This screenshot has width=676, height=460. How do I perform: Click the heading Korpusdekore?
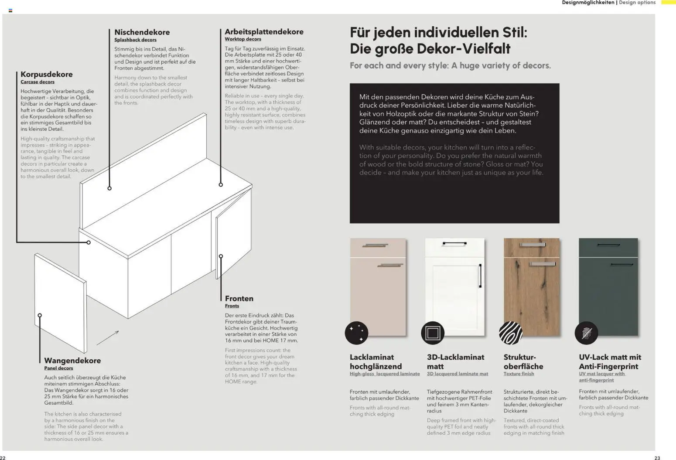click(x=46, y=74)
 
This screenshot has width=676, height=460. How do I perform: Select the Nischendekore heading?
click(x=142, y=32)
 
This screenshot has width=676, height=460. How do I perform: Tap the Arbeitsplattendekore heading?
click(x=263, y=31)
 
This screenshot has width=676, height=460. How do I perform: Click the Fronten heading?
click(x=239, y=298)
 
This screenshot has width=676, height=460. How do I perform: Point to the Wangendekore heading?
click(x=72, y=360)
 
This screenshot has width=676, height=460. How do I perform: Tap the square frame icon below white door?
click(x=432, y=333)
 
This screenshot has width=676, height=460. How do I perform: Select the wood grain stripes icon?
click(x=510, y=333)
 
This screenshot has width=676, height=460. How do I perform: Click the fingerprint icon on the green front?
click(x=586, y=333)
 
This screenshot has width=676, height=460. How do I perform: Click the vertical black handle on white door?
click(x=480, y=276)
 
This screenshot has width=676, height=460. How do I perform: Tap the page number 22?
click(x=3, y=457)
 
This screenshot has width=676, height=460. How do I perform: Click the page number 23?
click(x=657, y=457)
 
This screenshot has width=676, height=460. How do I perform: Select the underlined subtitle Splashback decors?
click(x=135, y=40)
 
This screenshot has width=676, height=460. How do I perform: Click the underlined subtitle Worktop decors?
click(x=242, y=39)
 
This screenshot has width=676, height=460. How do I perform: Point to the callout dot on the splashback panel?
click(x=109, y=188)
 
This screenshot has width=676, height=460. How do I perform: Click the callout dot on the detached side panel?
click(x=40, y=315)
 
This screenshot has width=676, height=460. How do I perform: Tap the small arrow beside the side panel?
click(x=108, y=337)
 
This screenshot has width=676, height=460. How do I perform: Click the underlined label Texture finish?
click(x=519, y=374)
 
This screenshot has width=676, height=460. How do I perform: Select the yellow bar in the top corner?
click(x=668, y=3)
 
